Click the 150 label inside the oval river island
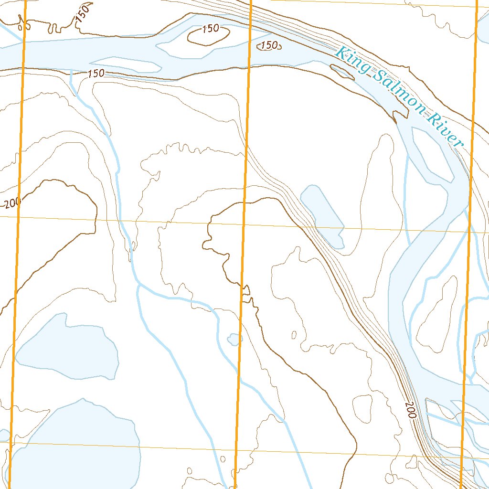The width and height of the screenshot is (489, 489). pos(210,29)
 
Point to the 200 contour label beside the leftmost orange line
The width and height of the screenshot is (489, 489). pos(11,203)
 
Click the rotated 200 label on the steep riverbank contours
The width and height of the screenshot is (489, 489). pos(411,410)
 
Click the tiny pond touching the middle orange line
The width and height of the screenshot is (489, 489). pos(234,339)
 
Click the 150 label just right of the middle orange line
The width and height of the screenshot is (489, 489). pos(269,45)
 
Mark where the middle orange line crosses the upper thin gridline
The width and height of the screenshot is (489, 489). pos(244,223)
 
